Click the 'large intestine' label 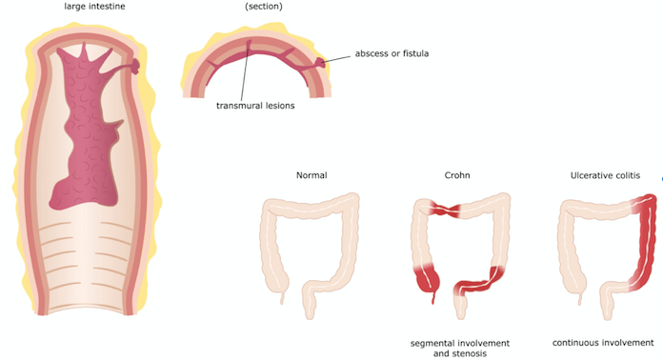(x=94, y=7)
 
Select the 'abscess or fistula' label (x=392, y=53)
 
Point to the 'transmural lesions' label (x=255, y=106)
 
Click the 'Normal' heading (x=311, y=175)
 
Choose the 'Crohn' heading (x=457, y=175)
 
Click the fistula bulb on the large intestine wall (x=134, y=66)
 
